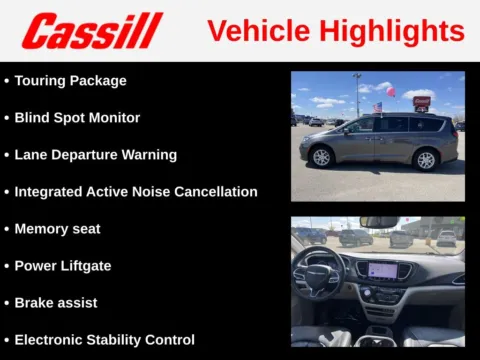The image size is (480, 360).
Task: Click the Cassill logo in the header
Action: point(92,30)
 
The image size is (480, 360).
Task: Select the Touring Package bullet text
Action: point(70,81)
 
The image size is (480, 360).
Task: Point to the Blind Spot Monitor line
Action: point(77,118)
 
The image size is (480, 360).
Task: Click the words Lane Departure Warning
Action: point(95,155)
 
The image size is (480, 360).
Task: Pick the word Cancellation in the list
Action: point(213,192)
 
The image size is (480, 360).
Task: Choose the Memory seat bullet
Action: point(57,229)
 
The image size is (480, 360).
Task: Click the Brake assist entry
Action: point(56,302)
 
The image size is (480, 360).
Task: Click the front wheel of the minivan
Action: point(321,157)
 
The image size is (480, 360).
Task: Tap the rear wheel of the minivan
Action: point(426,159)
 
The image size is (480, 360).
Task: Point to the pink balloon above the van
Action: point(391,92)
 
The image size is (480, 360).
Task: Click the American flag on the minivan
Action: point(377,106)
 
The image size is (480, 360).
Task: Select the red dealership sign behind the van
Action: point(422,102)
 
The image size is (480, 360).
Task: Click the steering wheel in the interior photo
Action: point(318,274)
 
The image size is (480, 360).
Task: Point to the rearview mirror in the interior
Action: point(379,223)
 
